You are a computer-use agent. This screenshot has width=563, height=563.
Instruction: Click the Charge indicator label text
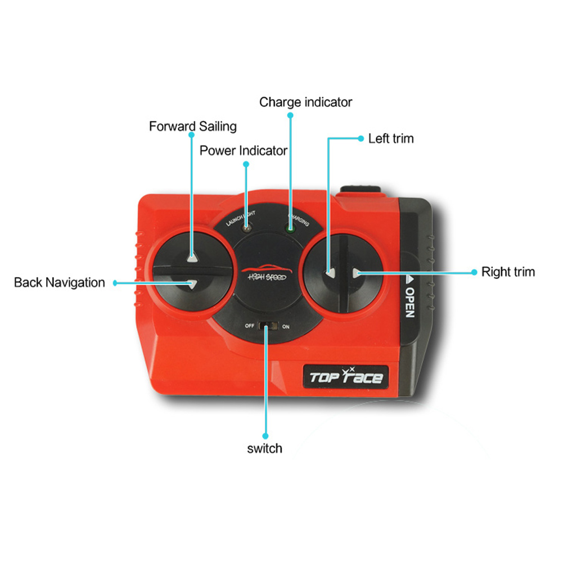(x=305, y=102)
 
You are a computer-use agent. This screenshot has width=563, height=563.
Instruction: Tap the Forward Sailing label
(x=192, y=127)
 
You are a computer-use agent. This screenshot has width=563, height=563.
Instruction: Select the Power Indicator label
(x=244, y=151)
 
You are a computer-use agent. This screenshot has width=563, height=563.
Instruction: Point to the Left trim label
(x=391, y=138)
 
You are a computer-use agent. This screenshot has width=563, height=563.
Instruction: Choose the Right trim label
(x=508, y=272)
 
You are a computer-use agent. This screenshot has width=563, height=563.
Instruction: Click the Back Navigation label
(x=59, y=282)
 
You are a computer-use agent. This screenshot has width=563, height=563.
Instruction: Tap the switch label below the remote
(x=264, y=449)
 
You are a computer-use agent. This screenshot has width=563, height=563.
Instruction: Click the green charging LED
(x=291, y=228)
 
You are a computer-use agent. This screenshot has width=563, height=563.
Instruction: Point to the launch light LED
(x=246, y=228)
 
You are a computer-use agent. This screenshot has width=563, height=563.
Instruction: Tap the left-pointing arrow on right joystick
(x=330, y=273)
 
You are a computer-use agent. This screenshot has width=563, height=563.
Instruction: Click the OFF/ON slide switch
(x=268, y=326)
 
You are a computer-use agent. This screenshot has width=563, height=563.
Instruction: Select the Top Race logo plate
(x=346, y=376)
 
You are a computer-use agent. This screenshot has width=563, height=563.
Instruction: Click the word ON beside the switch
(x=286, y=326)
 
